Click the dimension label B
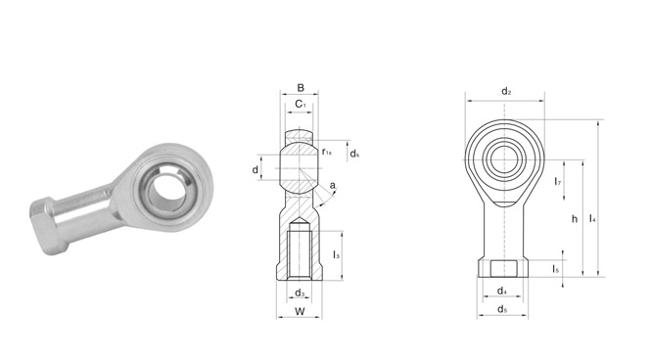[x=301, y=87]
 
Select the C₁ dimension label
[x=301, y=104]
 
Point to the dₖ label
[x=354, y=154]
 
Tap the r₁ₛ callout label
[x=327, y=152]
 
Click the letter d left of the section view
[x=256, y=169]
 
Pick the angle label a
[x=332, y=186]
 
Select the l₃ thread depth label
[x=337, y=254]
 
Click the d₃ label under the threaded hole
[x=300, y=292]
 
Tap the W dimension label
[x=300, y=311]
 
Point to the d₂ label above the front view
[x=506, y=91]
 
